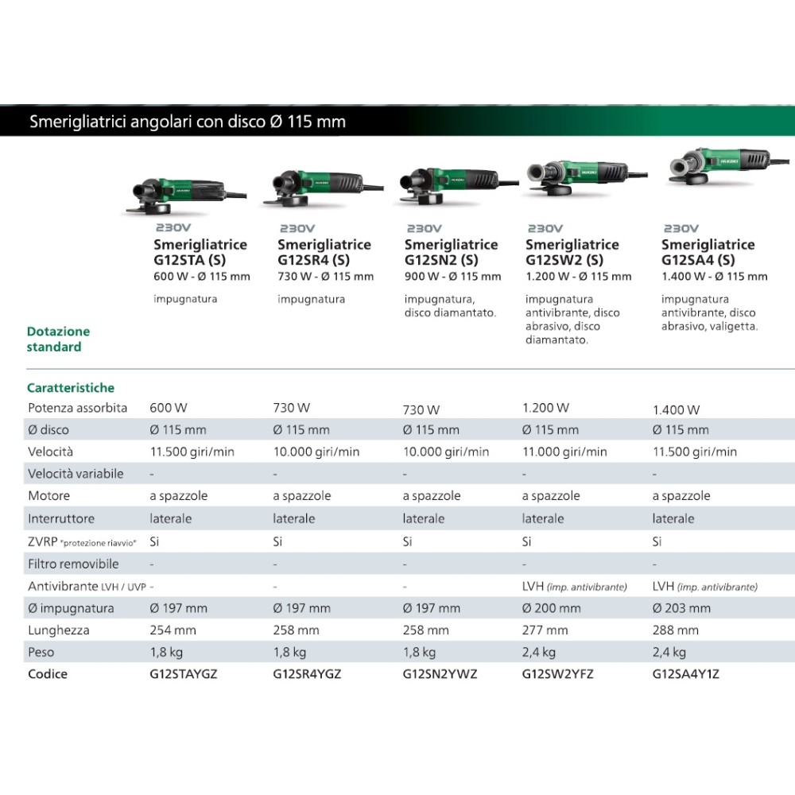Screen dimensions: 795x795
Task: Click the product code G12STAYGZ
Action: coord(183,674)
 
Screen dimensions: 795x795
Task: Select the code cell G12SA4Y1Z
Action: coord(685,674)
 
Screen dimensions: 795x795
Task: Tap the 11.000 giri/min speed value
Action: coord(564,452)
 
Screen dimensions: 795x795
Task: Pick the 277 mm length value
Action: coord(545,630)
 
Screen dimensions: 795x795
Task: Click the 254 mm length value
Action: coord(173,630)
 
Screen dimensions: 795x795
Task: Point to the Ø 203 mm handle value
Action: coord(681,608)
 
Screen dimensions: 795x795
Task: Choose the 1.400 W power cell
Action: coord(676,409)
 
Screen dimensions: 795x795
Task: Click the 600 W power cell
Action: coord(169,408)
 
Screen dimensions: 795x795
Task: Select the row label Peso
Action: coord(41,652)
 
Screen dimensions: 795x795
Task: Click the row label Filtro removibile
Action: coord(73,564)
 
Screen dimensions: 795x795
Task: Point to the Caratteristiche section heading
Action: coord(71,388)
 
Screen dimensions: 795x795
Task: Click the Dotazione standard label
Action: coord(58,339)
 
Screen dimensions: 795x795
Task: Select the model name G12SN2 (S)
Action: coord(441,260)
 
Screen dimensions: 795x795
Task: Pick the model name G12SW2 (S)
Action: coord(564,260)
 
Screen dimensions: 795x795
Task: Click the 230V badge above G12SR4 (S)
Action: coord(297,229)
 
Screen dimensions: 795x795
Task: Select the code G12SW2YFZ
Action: coord(557,674)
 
